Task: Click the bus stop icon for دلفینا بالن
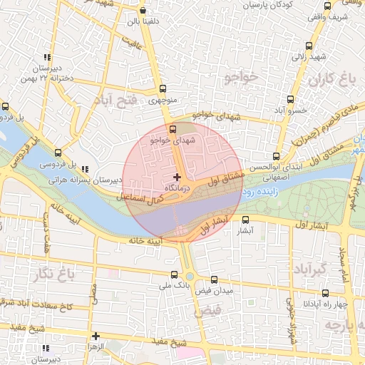point(143,11)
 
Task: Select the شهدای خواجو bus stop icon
point(160,130)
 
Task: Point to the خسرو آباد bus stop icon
point(290,100)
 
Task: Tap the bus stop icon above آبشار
point(246,220)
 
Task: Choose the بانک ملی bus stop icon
point(175,274)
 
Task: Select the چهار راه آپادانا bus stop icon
point(325,293)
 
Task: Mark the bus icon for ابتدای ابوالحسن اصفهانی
point(276,157)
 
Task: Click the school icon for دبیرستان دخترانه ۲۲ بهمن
point(47,57)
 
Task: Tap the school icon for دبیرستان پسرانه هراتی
point(86,169)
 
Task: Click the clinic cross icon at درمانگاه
point(178,176)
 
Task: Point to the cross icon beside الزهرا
point(96,335)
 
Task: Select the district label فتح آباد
point(115,101)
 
